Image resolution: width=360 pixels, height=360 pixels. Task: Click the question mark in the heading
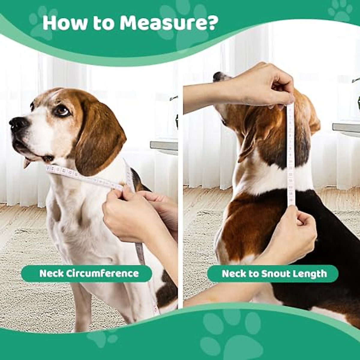[x=210, y=23]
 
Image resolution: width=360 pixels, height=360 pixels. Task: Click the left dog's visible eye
[x=62, y=111]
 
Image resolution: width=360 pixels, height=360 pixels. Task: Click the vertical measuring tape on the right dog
[x=290, y=156]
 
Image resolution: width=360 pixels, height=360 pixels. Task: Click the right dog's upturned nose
[x=217, y=76]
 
